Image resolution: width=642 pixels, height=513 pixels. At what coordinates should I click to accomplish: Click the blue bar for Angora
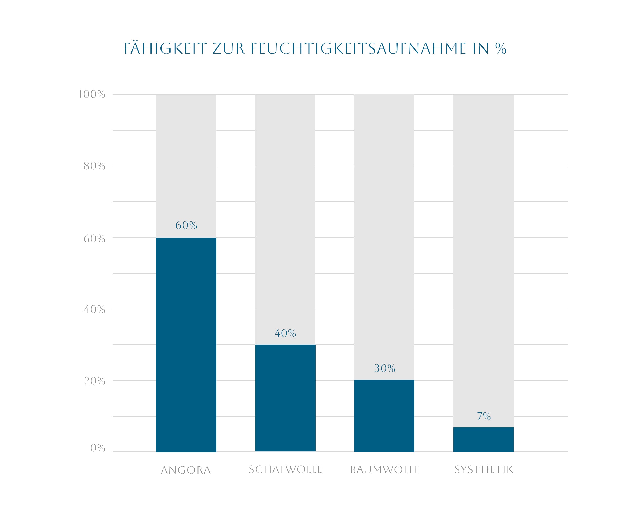(186, 345)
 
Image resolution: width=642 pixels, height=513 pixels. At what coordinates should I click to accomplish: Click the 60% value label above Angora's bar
(186, 225)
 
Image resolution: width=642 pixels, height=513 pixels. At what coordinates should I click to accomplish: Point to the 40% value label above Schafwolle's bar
(285, 333)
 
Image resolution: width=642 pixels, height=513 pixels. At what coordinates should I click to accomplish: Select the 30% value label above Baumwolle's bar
(384, 369)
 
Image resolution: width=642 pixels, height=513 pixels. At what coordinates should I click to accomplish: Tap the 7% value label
(484, 416)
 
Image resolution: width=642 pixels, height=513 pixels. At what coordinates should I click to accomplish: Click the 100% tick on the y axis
(92, 94)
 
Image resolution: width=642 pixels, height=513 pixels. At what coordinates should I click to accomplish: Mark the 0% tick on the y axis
(98, 448)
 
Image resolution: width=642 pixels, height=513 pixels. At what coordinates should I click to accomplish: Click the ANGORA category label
(186, 470)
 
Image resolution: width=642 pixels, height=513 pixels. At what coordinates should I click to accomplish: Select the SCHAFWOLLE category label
(285, 470)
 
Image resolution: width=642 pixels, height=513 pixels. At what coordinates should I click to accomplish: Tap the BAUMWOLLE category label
(384, 470)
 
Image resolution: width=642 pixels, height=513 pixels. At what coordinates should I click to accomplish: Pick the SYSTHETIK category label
(484, 470)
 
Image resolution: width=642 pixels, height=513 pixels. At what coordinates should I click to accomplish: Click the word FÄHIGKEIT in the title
(165, 48)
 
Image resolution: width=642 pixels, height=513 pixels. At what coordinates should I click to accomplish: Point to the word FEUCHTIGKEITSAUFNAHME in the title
(358, 48)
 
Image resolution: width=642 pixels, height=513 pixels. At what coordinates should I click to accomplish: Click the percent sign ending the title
(501, 48)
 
